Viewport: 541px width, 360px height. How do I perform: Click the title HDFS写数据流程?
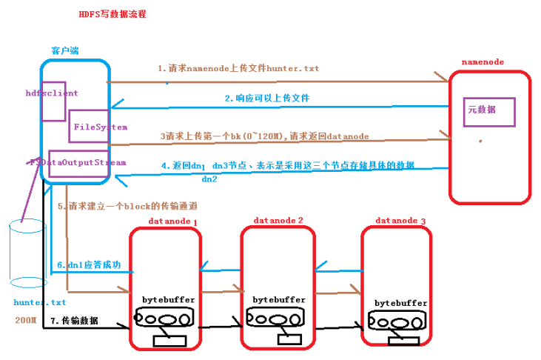coord(112,14)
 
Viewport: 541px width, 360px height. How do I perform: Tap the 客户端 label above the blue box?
coord(65,50)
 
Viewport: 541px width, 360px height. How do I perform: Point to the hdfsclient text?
coord(51,93)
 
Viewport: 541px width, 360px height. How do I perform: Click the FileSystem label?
coord(101,127)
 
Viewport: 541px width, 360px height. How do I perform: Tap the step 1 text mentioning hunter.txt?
coord(238,68)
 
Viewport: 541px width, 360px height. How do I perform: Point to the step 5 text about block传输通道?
coord(127,206)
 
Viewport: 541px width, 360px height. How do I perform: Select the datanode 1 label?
coord(173,221)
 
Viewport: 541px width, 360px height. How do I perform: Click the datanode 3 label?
coord(400,221)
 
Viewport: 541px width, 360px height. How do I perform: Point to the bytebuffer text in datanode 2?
coord(279,299)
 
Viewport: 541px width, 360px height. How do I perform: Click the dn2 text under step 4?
coord(209,179)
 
